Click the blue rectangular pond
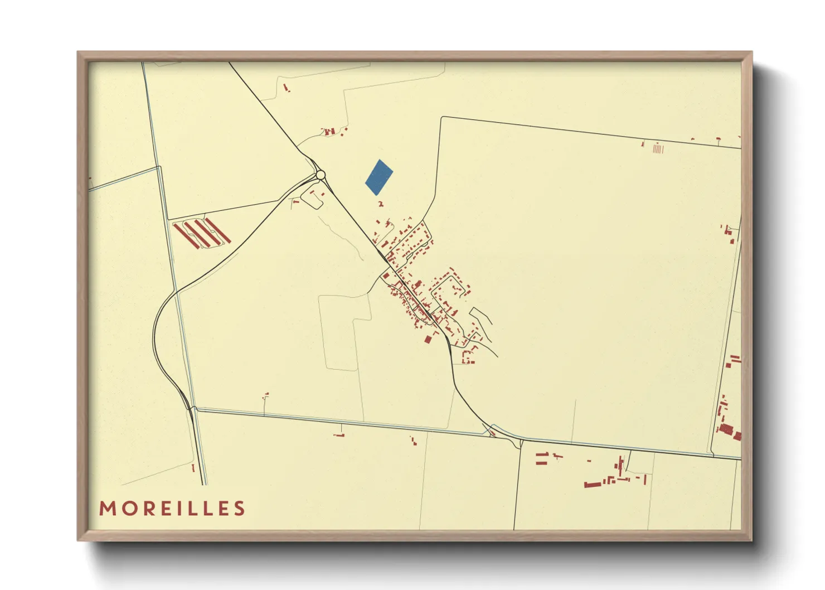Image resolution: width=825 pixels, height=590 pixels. pos(379,177)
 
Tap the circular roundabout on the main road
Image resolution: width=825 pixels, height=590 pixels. pos(320,175)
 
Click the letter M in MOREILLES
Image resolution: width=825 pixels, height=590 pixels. pos(107,509)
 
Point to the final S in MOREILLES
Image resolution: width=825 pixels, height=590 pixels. pos(240,509)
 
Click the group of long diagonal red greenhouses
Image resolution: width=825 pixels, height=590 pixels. pos(201,234)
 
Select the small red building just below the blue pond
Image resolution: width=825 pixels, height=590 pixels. pos(381,204)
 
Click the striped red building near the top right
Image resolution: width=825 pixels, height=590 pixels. pos(658,149)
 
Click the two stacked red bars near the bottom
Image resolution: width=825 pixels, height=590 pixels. pos(542,460)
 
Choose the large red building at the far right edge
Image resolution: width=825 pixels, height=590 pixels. pos(726,429)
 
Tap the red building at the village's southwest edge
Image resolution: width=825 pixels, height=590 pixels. pos(428,338)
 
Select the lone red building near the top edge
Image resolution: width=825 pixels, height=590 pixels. pos(287,88)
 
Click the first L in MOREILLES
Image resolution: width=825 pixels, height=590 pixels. pos(201,509)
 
